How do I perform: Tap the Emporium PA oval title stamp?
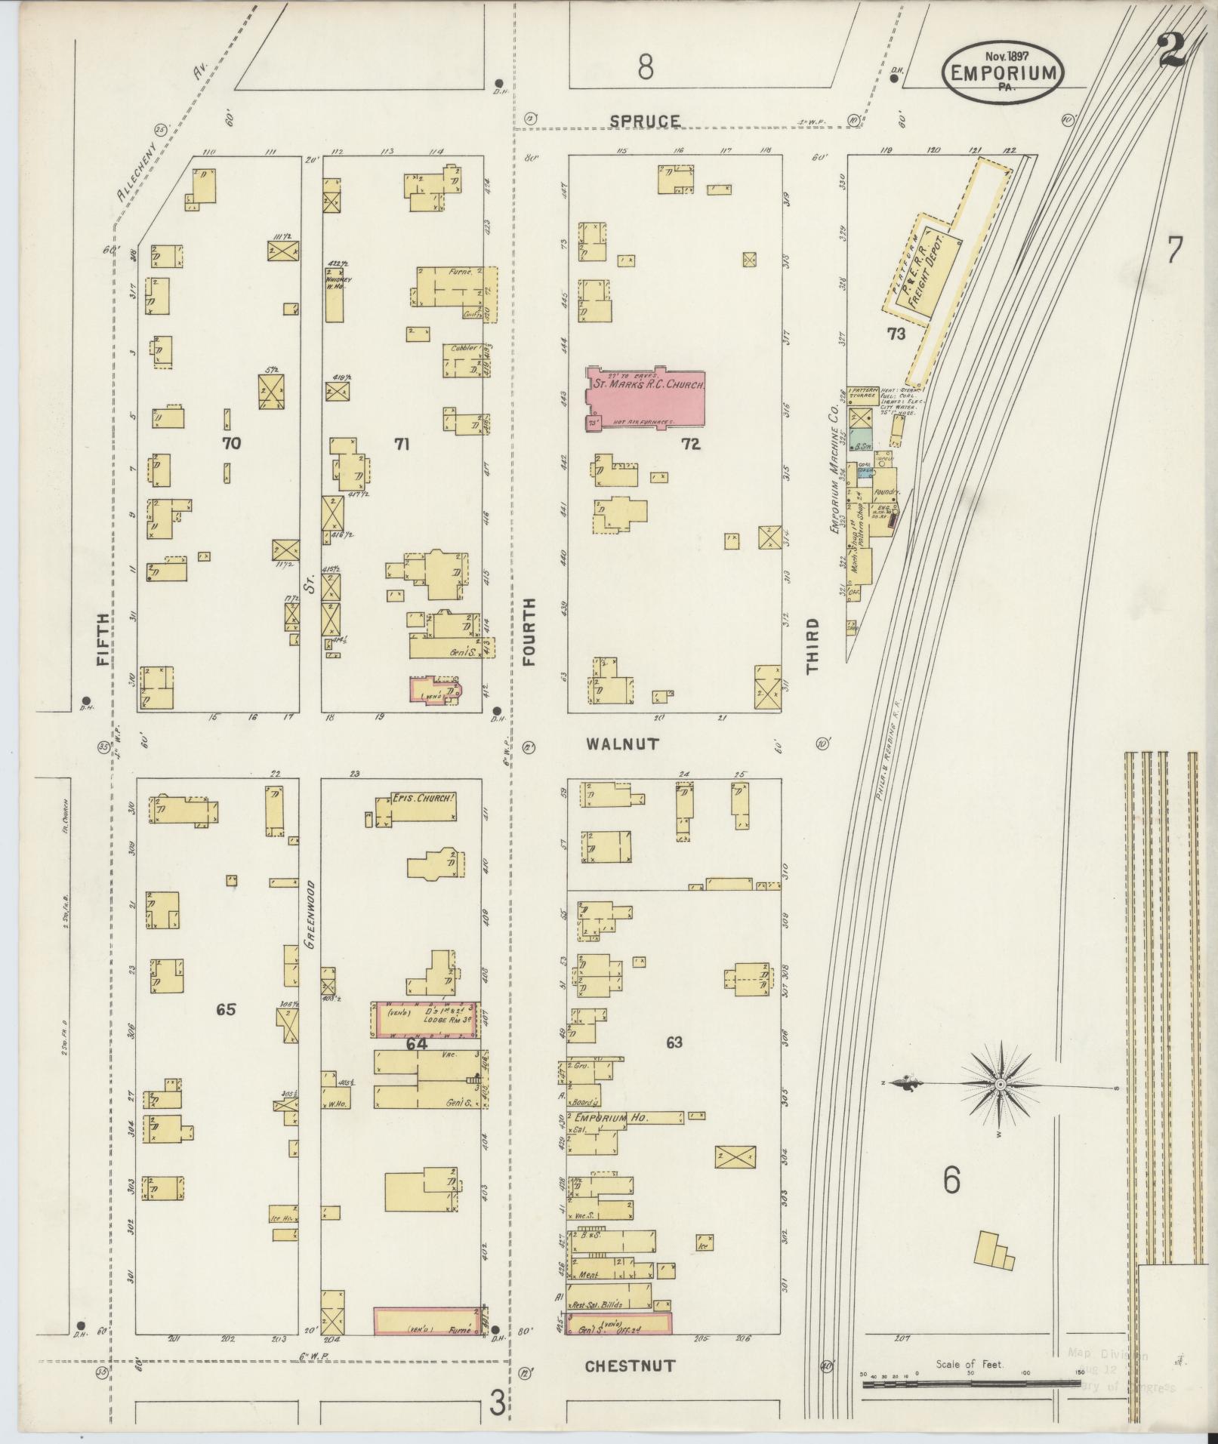[1002, 72]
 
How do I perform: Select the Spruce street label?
[645, 121]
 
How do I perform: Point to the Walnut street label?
[623, 744]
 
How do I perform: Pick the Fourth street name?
[529, 631]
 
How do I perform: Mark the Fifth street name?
[103, 638]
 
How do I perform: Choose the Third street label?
[813, 645]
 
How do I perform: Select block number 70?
[231, 443]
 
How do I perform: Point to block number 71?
[401, 445]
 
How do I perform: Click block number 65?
[226, 1009]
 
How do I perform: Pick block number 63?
[674, 1042]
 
